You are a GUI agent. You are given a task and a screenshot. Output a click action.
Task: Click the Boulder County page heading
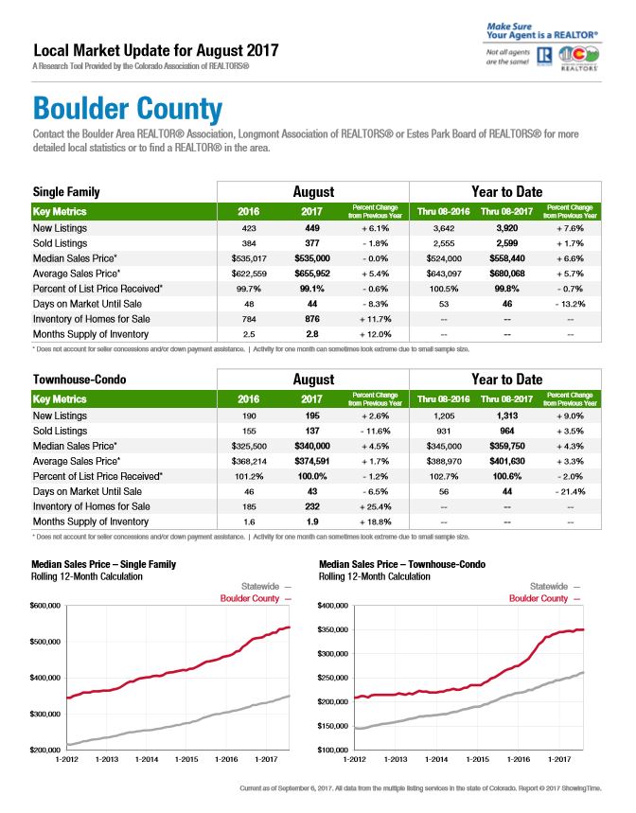pos(128,109)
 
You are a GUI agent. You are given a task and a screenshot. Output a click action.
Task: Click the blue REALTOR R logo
pos(544,56)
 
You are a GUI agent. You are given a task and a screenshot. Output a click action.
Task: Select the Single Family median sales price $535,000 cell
pos(312,258)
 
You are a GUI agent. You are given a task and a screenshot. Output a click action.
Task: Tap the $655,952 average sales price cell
pos(312,274)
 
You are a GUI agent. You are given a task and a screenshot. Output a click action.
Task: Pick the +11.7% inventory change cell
pos(376,319)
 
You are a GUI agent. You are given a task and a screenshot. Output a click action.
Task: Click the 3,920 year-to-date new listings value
pos(507,228)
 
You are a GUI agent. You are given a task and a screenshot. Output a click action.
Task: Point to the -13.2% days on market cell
pos(570,304)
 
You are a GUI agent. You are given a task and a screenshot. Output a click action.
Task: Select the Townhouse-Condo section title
pos(79,380)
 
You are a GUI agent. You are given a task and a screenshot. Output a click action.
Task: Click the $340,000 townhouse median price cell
pos(312,446)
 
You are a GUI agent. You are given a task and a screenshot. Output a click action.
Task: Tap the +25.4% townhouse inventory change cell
pos(376,506)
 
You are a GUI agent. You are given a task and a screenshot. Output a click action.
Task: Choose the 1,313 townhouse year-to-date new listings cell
pos(507,415)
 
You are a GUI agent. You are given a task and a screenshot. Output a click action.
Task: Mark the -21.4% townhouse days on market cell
pos(570,491)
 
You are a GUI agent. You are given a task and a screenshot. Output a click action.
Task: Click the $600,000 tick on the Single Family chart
pos(45,606)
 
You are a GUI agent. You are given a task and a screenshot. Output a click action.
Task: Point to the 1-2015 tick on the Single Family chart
pos(186,759)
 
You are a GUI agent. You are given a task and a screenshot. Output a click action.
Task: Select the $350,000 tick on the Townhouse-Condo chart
pos(333,629)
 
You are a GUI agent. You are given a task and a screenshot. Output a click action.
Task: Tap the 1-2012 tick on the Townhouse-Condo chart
pos(355,759)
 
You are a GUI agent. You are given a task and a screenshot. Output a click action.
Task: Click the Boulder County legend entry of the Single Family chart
pos(256,598)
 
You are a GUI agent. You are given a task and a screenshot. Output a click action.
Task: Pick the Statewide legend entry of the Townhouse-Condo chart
pos(555,587)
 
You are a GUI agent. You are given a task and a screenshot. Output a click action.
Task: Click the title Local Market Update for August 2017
pos(156,50)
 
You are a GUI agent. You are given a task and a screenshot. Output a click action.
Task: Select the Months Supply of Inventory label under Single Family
pos(91,334)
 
